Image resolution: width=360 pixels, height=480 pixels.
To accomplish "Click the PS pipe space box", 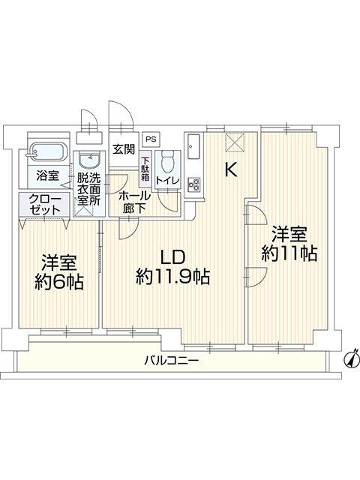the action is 151,139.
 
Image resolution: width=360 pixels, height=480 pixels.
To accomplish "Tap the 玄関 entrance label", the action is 124,149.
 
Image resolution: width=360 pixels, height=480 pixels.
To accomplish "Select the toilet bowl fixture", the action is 167,163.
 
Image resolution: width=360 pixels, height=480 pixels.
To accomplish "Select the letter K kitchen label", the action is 231,170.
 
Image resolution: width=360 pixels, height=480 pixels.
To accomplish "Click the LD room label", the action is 173,258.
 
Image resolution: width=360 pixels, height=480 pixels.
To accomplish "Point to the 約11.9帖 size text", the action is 173,277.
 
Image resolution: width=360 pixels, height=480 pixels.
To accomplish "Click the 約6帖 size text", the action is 59,282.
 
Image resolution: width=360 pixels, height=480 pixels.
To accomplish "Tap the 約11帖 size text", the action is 289,253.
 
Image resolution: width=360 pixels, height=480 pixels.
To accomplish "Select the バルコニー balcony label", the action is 172,360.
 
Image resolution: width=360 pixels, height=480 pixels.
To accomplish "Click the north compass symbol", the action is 352,359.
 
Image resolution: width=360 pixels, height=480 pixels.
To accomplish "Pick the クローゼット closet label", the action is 45,205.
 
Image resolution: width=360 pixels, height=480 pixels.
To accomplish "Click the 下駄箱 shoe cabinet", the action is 145,169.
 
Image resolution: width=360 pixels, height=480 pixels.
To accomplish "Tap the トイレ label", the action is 167,180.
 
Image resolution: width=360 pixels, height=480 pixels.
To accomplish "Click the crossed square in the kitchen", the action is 235,142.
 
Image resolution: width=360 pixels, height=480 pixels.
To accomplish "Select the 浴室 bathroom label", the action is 47,175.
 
